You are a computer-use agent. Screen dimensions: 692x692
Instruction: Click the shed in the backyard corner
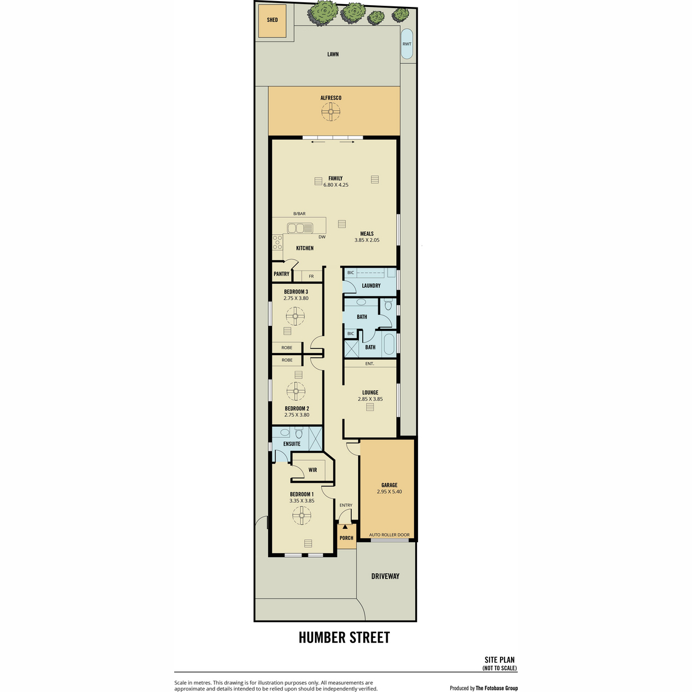pos(272,21)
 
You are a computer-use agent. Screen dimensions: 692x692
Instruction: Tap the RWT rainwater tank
pos(407,44)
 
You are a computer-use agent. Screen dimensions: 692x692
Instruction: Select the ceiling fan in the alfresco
pos(330,112)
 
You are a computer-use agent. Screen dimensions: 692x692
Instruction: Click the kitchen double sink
pos(300,228)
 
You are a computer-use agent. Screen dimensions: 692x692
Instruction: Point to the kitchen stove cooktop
pos(277,242)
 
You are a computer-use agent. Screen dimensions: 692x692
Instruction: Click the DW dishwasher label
pos(322,237)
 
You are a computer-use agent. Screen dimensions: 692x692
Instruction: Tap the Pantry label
pos(281,274)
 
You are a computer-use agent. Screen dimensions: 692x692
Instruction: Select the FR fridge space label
pos(311,276)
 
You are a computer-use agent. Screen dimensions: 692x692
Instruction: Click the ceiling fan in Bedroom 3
pos(295,316)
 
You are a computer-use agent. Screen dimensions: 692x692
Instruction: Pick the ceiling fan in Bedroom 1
pos(301,516)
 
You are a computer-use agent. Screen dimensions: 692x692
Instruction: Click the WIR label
pos(313,470)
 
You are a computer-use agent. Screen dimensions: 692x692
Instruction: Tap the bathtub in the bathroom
pos(390,344)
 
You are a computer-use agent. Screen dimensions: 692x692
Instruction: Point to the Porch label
pos(347,538)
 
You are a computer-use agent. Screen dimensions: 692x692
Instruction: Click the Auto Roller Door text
pos(389,535)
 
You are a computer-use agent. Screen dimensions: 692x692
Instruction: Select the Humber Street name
pos(344,637)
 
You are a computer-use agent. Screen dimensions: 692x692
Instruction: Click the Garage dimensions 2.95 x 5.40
pos(390,492)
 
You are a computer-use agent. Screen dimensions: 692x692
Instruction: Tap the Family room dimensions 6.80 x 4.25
pos(336,185)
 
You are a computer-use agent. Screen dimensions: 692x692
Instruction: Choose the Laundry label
pos(371,286)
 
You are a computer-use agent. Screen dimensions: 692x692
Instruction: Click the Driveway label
pos(385,576)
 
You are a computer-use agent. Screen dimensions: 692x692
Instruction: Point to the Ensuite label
pos(292,444)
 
